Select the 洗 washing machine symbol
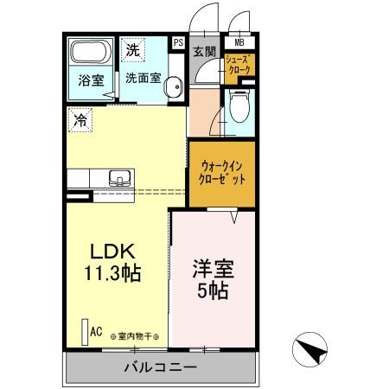coord(132,50)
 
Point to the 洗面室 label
coord(143,77)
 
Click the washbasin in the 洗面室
coord(173,86)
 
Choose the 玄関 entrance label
coord(204,51)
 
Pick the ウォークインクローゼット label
coord(222,170)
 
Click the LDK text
coord(112,252)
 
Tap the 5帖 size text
coord(213,291)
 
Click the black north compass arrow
coord(312,350)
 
